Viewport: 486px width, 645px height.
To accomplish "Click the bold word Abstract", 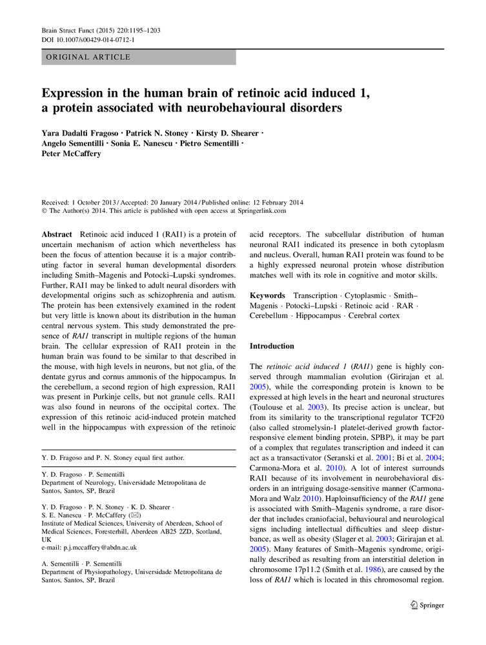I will (x=57, y=235).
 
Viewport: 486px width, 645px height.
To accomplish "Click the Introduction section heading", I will (x=272, y=346).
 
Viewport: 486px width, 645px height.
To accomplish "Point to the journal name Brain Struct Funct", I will (x=70, y=30).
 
